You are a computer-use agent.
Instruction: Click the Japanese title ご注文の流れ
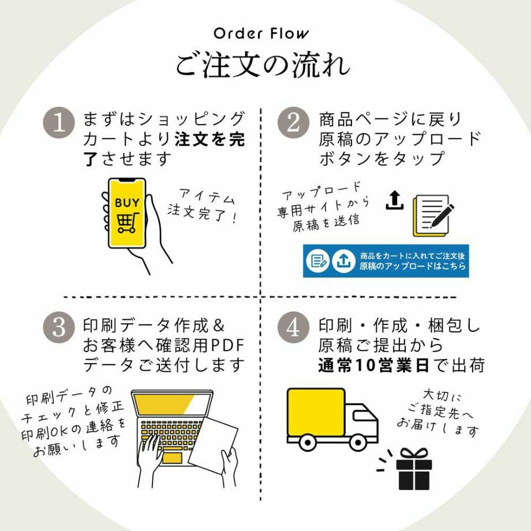point(263,65)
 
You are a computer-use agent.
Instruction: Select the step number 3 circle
point(59,327)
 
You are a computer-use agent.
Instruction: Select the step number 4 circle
point(293,327)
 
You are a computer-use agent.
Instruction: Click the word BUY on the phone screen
point(126,203)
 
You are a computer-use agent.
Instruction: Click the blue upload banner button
point(386,261)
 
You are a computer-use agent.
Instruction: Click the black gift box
point(414,472)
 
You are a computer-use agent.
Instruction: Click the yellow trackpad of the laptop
point(172,458)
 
